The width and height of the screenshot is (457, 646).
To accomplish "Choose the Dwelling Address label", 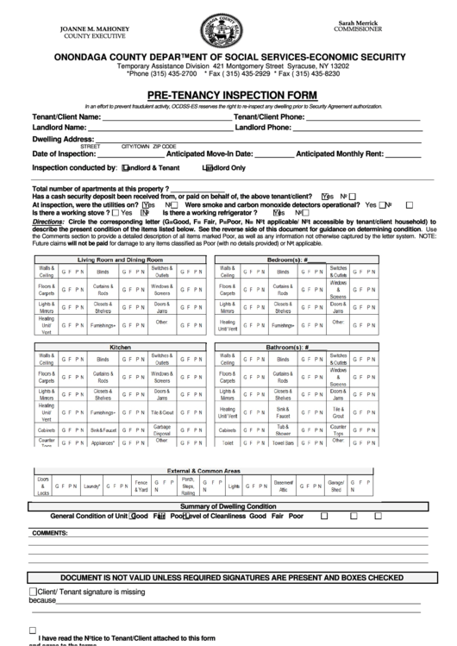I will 63,139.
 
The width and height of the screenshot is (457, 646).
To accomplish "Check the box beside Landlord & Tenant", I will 126,168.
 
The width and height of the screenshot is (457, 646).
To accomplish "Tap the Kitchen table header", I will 120,346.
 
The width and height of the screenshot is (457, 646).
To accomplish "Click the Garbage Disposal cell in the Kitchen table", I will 162,429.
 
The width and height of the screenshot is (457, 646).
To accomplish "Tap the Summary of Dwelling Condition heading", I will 228,505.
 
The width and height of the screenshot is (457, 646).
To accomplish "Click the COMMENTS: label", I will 49,533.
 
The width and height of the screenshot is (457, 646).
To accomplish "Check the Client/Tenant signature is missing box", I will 34,592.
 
